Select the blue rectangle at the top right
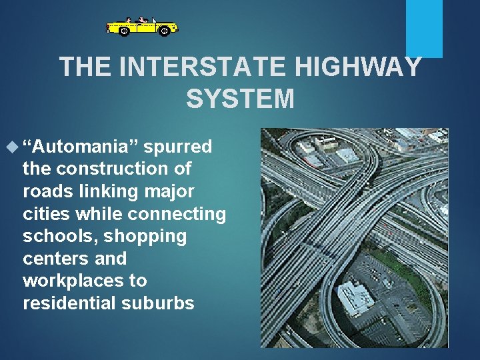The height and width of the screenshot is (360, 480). click(x=425, y=28)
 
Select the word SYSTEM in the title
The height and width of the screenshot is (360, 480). click(x=240, y=99)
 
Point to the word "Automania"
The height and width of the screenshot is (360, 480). click(x=81, y=146)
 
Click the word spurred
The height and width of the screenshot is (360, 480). click(x=178, y=146)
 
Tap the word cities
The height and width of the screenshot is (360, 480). click(x=47, y=214)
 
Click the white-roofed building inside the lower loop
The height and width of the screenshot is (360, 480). click(x=355, y=297)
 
